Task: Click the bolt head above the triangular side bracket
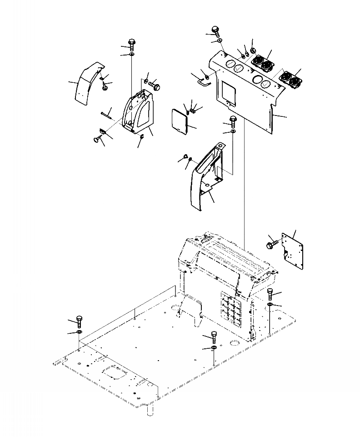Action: click(132, 42)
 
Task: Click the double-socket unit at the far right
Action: click(290, 79)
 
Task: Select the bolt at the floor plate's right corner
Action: click(270, 292)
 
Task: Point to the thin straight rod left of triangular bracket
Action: click(107, 114)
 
